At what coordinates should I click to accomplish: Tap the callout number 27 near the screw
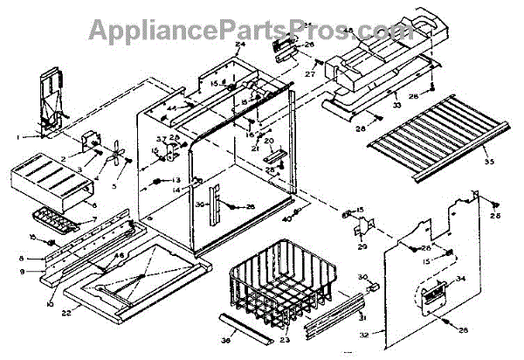309,74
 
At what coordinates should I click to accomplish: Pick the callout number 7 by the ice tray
95,218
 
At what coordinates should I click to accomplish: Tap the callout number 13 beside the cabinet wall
176,180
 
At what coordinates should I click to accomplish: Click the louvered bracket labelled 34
434,290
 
